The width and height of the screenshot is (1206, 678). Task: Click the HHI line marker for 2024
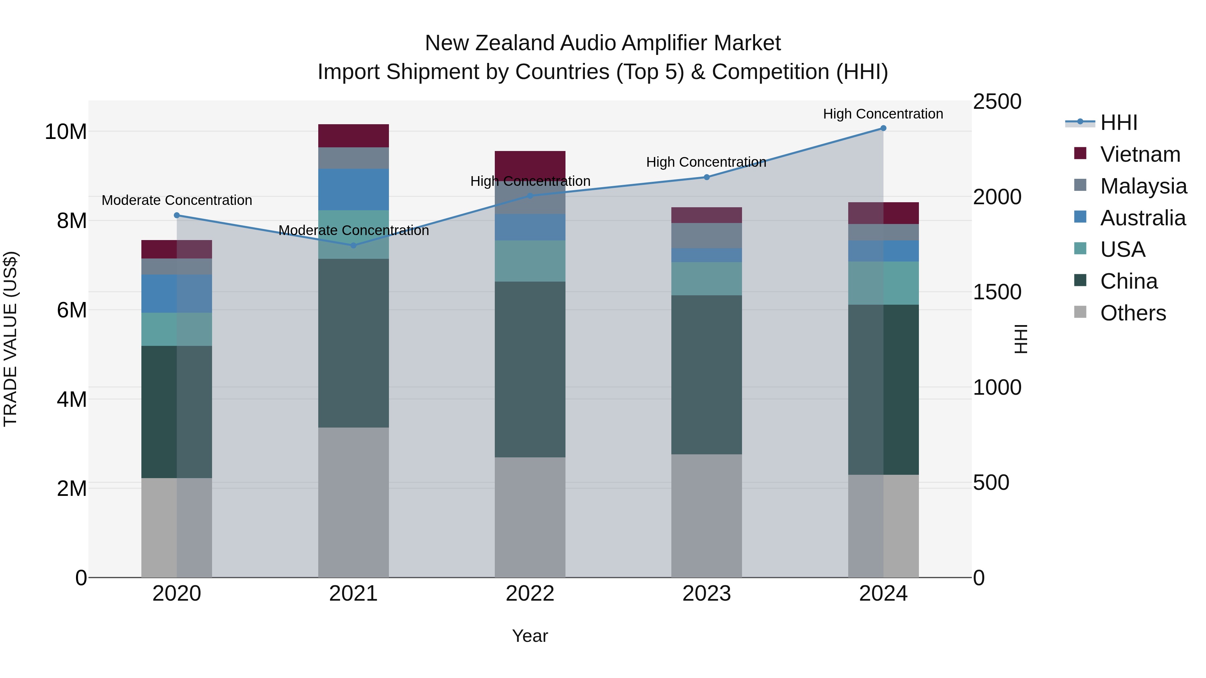883,128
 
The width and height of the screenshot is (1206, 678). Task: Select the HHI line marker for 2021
353,245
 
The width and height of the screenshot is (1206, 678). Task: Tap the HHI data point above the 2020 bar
177,215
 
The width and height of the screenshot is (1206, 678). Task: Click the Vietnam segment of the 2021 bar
353,136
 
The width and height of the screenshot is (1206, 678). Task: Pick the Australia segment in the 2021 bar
353,189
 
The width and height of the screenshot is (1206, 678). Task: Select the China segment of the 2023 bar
707,374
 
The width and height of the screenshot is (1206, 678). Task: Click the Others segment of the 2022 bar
530,517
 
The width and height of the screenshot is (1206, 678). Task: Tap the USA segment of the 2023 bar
707,279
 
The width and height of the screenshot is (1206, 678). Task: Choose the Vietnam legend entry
1140,154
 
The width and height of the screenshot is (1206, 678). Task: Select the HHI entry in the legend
1119,123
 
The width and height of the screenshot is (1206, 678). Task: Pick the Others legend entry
1133,313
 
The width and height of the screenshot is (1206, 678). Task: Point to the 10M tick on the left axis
66,132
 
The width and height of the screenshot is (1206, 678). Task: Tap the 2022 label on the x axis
530,593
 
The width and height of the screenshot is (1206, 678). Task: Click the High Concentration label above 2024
883,114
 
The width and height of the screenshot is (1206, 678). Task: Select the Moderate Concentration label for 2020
177,200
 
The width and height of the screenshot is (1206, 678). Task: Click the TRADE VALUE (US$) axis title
10,339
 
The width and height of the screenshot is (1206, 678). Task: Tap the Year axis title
530,636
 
